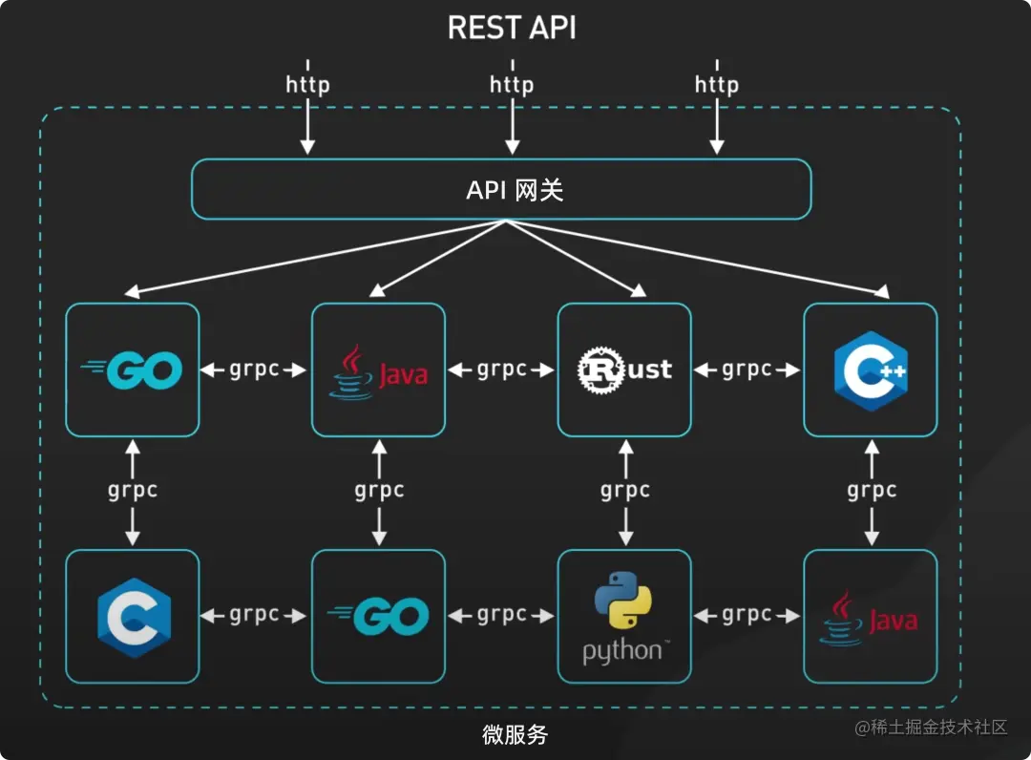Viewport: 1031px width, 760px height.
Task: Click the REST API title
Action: tap(512, 28)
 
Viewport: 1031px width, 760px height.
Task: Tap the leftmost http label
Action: tap(307, 85)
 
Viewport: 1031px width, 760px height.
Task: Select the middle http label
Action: tap(512, 85)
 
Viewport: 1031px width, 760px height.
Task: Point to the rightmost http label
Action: tap(716, 85)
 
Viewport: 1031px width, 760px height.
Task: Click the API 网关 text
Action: tap(514, 190)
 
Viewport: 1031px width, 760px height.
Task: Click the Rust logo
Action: tap(624, 369)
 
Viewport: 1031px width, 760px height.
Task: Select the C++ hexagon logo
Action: tap(870, 370)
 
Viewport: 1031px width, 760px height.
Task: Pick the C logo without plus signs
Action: tap(134, 616)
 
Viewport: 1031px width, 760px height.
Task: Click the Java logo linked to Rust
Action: tap(379, 370)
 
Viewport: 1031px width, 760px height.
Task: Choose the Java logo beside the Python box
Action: tap(870, 617)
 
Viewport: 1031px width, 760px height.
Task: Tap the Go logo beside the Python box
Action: tap(379, 617)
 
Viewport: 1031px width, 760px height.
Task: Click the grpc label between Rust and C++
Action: tap(747, 369)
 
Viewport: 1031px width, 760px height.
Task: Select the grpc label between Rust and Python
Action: tap(625, 491)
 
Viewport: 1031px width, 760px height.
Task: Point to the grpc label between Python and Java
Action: tap(747, 616)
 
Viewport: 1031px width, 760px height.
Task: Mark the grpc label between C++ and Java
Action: tap(871, 491)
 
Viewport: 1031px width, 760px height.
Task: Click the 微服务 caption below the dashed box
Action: tap(515, 735)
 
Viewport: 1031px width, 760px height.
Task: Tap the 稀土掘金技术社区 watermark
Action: tap(931, 728)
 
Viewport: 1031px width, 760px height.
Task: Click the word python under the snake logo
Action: tap(621, 652)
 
